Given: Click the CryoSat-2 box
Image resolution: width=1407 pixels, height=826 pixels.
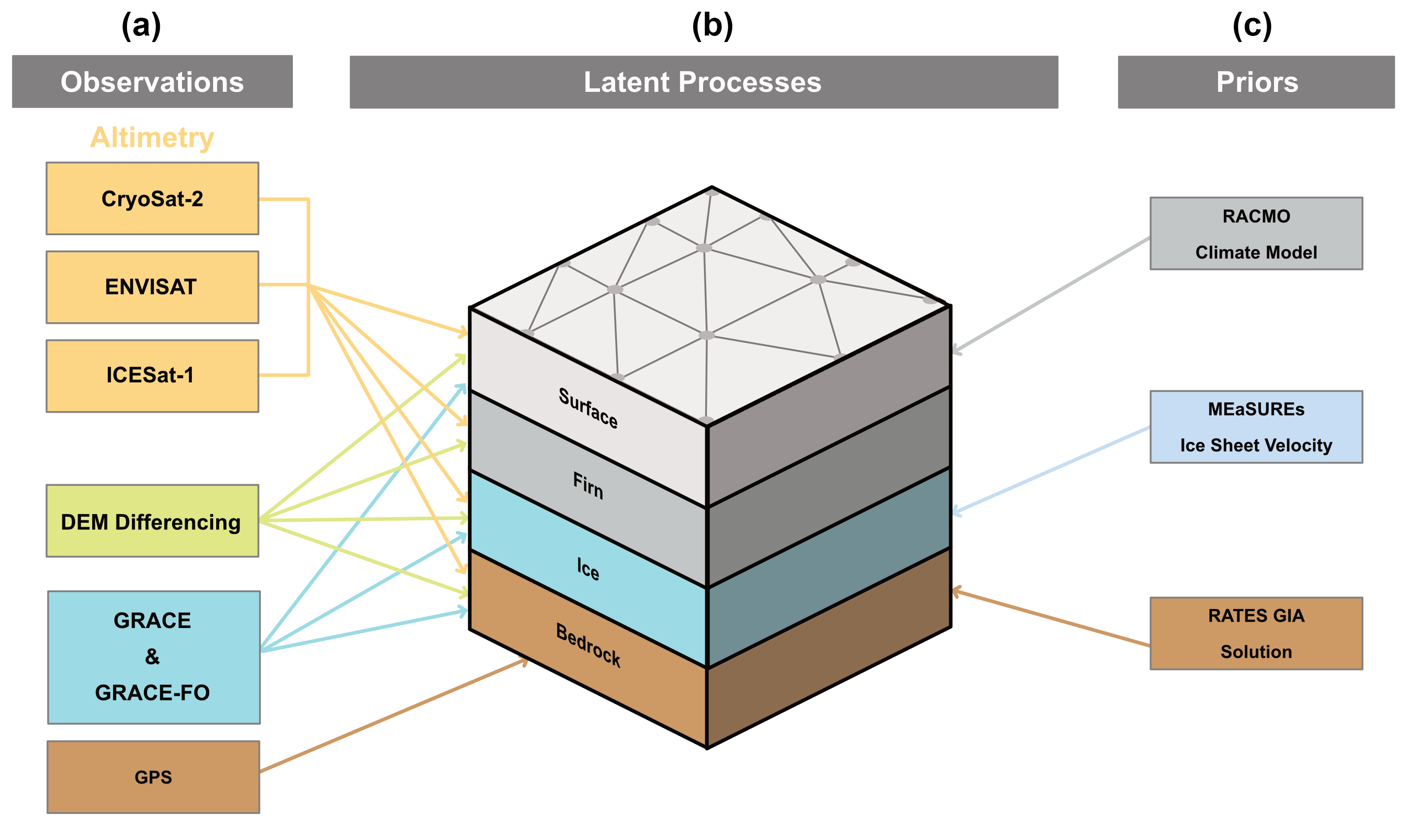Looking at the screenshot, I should click(x=152, y=199).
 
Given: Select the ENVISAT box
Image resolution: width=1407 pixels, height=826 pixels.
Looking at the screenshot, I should click(x=152, y=287).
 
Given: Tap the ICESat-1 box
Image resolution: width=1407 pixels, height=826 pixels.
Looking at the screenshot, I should click(x=152, y=376).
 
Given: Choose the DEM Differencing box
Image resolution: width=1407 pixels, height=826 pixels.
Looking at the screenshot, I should click(x=152, y=521).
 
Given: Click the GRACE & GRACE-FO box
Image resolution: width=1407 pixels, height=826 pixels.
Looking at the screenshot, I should click(x=153, y=657).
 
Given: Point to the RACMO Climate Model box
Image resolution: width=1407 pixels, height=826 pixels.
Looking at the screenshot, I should click(x=1256, y=233).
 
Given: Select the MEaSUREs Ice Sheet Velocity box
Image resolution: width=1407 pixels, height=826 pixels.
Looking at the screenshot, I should click(x=1256, y=427).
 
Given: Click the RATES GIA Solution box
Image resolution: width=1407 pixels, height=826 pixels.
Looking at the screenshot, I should click(x=1256, y=633).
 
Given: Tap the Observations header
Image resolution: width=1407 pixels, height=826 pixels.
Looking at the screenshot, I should click(x=152, y=81).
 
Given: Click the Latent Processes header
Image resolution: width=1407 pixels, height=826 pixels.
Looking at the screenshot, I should click(x=703, y=82).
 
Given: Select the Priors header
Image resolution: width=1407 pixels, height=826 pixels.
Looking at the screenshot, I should click(x=1256, y=82).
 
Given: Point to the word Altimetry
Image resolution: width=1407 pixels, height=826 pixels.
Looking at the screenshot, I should click(x=152, y=137).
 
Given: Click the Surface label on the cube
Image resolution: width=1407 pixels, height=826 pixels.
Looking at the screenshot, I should click(x=588, y=408).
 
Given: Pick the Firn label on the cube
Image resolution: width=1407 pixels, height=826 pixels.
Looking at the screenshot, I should click(x=588, y=486).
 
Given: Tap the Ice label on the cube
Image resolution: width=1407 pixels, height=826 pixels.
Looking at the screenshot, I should click(x=588, y=569).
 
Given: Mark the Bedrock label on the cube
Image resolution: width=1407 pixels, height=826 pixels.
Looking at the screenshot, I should click(x=588, y=645).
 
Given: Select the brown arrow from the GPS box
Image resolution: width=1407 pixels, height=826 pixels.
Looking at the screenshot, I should click(x=394, y=716).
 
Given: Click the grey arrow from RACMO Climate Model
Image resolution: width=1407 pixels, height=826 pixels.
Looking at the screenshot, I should click(x=1050, y=295).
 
